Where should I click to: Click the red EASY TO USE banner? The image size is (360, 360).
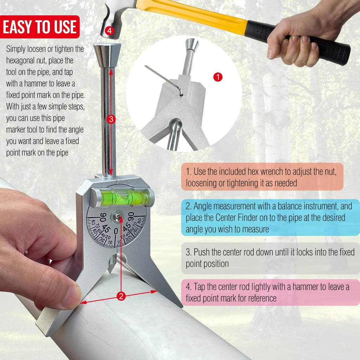click(40, 27)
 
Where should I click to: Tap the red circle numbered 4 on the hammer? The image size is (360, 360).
click(110, 30)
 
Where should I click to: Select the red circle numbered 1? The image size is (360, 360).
click(218, 77)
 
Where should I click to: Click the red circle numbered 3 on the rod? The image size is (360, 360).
click(111, 119)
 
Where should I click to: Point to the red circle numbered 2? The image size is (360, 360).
click(121, 296)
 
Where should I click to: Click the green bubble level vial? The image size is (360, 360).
click(122, 197)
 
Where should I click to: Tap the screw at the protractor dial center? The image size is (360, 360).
click(117, 217)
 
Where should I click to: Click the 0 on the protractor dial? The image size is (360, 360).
click(116, 231)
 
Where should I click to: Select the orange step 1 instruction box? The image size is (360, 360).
click(262, 176)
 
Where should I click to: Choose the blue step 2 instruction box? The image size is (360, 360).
click(270, 217)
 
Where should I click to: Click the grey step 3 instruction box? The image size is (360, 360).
click(270, 258)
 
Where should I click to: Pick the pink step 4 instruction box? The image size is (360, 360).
click(270, 292)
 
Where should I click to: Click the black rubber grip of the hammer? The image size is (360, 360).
click(298, 40)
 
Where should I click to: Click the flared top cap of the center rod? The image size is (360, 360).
click(107, 55)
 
